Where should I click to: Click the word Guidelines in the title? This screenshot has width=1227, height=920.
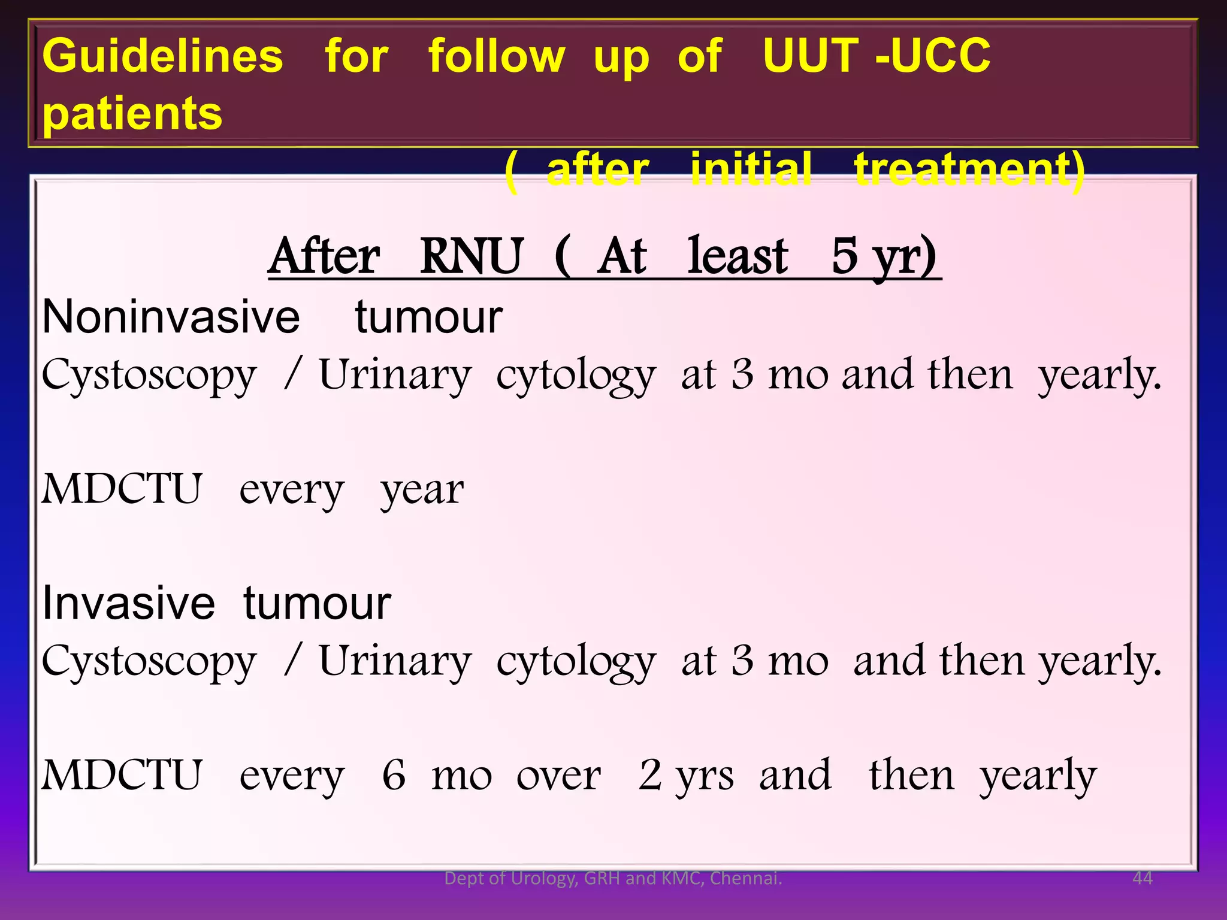tap(162, 56)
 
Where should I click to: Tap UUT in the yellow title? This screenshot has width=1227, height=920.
tap(810, 55)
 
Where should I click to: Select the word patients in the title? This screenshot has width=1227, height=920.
tap(132, 113)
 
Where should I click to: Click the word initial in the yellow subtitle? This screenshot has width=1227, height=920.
tap(751, 170)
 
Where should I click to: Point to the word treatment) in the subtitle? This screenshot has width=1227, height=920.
tap(969, 170)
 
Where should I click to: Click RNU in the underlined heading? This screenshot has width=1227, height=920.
tap(472, 256)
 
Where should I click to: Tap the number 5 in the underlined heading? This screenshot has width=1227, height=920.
tap(845, 256)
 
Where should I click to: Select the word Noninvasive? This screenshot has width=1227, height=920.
tap(171, 317)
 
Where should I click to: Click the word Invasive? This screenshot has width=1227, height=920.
tap(128, 603)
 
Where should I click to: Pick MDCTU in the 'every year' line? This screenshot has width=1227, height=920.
tap(122, 489)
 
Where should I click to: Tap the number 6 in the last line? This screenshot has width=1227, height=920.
tap(394, 775)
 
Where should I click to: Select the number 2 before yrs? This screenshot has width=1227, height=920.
tap(649, 775)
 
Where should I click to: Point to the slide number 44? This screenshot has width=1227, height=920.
tap(1143, 878)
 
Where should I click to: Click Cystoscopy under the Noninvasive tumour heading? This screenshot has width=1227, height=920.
tap(149, 376)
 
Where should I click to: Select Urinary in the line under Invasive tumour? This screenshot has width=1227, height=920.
tap(395, 662)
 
